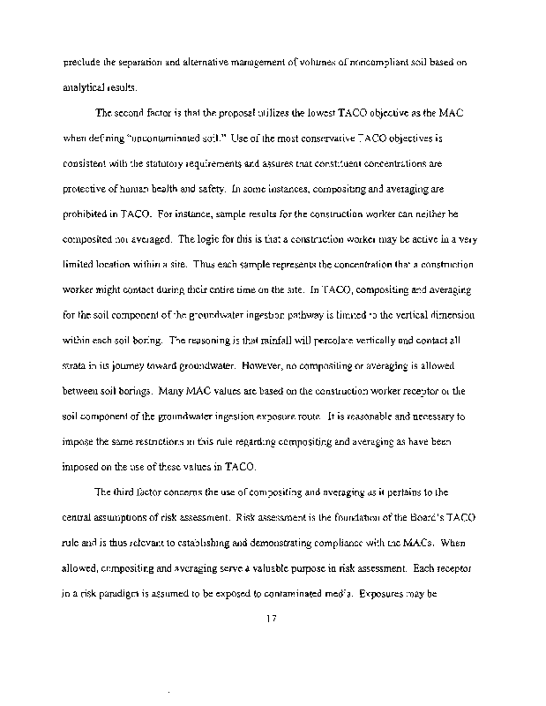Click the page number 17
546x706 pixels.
[x=271, y=618]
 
